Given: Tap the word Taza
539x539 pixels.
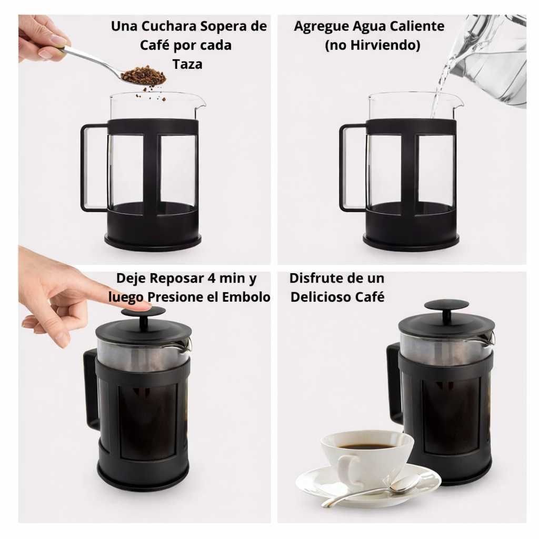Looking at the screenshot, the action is pos(187,64).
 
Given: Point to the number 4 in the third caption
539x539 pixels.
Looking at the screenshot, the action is pos(212,278).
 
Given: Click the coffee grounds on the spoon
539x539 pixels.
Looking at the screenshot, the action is pos(144,75).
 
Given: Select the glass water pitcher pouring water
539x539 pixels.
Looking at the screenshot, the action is pos(488,58).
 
